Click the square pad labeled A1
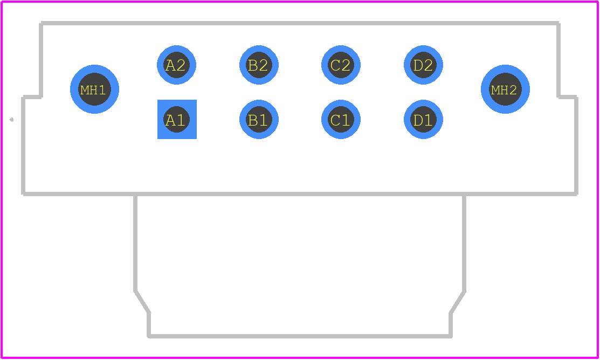(x=177, y=119)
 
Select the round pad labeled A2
(x=176, y=65)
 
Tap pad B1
(x=259, y=119)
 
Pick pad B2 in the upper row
(x=259, y=65)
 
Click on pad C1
(x=341, y=119)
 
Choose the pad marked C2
(x=341, y=65)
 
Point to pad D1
(x=423, y=119)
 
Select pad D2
(x=423, y=65)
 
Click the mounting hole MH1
(x=94, y=89)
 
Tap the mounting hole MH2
(x=505, y=89)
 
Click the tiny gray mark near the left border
(x=11, y=120)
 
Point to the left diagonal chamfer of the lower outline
(x=142, y=302)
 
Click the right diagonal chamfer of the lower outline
(x=458, y=302)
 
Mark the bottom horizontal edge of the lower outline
(x=300, y=336)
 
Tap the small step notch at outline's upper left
(x=32, y=97)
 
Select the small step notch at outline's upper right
(x=568, y=97)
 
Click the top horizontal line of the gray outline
(x=300, y=23)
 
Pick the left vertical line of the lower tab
(x=135, y=243)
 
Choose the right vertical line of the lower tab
(x=464, y=243)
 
